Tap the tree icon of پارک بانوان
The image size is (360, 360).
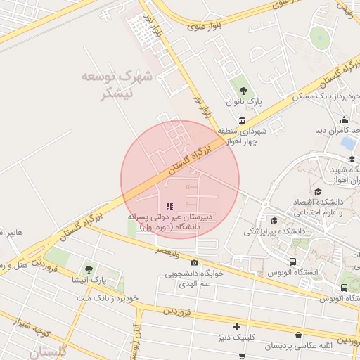point(243,90)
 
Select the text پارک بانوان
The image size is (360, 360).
point(243,102)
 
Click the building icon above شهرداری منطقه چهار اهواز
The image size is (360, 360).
point(243,120)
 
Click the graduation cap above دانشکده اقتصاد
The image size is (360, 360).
point(319,191)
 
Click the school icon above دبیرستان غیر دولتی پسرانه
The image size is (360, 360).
point(169,207)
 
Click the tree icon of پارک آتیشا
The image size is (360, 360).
point(89,269)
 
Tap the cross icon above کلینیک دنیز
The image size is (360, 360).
point(237,326)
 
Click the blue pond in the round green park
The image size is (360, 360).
point(321,35)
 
